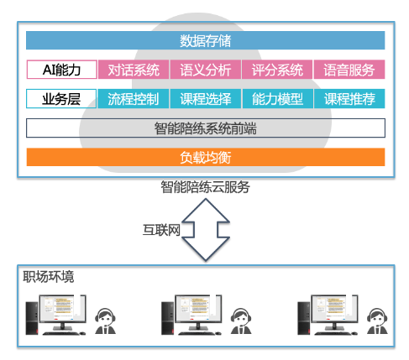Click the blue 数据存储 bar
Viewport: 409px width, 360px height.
206,40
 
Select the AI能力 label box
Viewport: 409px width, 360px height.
61,70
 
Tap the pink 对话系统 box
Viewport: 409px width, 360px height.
134,70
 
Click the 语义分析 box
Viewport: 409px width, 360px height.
206,70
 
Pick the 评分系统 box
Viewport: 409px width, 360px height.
277,70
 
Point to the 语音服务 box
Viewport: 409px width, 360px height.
349,70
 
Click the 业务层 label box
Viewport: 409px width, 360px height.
61,99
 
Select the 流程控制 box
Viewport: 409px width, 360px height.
134,99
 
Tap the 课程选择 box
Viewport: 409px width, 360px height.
206,99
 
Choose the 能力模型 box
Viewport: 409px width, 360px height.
277,99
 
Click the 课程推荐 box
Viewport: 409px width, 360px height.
349,99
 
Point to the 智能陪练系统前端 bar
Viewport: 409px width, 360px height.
206,128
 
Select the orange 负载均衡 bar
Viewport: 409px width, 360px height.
206,157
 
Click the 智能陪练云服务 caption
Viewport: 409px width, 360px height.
205,187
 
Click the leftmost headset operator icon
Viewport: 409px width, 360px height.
105,321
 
